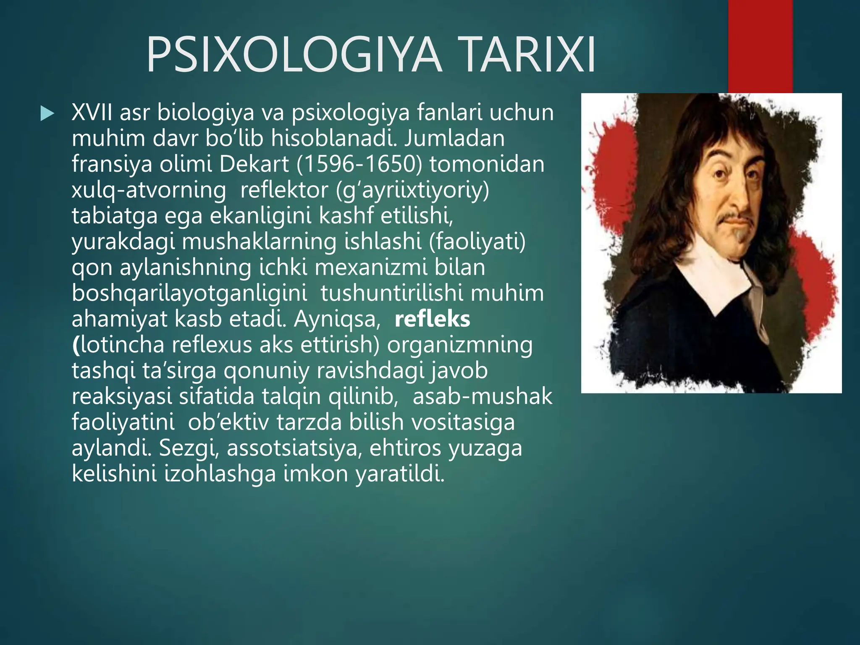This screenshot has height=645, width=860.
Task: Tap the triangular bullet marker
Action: (x=47, y=114)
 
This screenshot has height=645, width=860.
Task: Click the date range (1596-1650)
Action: (x=359, y=164)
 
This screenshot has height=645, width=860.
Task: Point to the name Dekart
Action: (x=254, y=164)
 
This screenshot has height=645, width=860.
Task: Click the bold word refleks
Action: (x=432, y=319)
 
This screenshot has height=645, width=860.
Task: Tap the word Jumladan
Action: (x=454, y=138)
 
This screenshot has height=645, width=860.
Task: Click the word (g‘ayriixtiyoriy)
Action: (x=413, y=190)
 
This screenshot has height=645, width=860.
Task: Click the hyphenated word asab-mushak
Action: (x=482, y=396)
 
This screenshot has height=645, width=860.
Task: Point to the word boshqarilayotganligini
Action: (x=189, y=293)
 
